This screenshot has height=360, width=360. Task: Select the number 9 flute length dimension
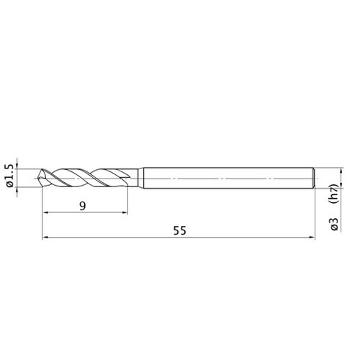tap(83, 206)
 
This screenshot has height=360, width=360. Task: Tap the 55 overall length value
tap(180, 231)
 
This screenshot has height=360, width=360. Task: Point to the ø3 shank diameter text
tap(334, 224)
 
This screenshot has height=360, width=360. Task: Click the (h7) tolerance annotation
tap(334, 194)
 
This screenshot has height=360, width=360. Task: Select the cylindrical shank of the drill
tap(228, 178)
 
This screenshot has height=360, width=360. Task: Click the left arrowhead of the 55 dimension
tap(45, 238)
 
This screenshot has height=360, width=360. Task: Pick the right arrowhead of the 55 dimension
tap(312, 238)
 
